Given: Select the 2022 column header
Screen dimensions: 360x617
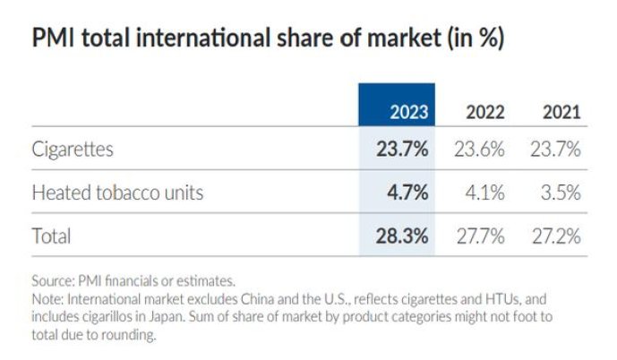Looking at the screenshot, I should point(484,113).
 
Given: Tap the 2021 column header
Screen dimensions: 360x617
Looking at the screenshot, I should point(561,113).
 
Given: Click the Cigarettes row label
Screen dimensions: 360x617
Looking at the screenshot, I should point(73,149).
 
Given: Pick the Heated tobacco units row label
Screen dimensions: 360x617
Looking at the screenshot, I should point(117,193).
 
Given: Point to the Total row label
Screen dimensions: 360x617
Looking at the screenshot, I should point(51,236).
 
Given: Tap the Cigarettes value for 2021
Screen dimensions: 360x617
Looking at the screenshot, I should point(554,149).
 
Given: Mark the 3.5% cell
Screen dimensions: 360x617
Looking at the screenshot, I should point(561,193).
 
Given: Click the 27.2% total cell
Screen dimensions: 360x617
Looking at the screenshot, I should point(554,236).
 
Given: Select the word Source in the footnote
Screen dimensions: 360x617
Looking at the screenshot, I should point(50,281).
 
